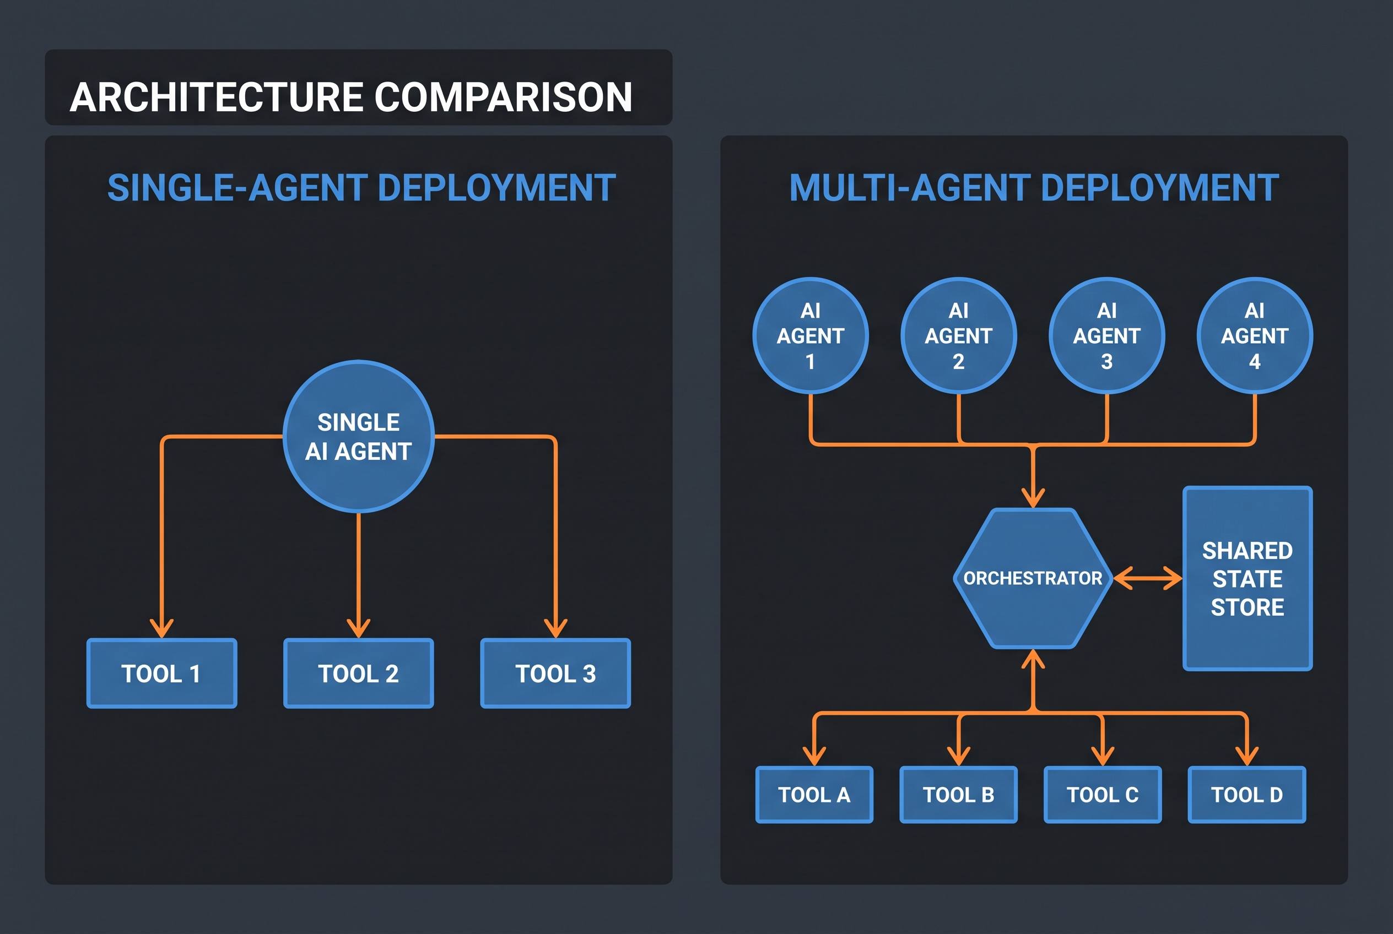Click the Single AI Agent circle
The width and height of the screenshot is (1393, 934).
click(358, 437)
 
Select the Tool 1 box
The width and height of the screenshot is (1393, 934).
click(161, 673)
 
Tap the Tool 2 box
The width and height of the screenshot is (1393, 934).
click(358, 673)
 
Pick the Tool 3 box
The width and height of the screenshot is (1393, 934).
click(555, 673)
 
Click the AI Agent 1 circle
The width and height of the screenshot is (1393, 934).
click(811, 335)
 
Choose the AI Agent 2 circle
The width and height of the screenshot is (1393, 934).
click(958, 335)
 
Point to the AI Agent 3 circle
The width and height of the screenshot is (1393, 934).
click(1107, 335)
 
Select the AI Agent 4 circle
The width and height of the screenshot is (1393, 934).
click(1255, 335)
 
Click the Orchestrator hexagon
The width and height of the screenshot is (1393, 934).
click(1033, 578)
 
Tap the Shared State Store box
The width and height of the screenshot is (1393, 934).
click(1248, 578)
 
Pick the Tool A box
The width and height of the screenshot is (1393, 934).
click(814, 795)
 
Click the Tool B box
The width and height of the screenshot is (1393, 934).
click(958, 795)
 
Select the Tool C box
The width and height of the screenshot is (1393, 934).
click(1103, 795)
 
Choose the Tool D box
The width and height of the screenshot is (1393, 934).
click(1247, 795)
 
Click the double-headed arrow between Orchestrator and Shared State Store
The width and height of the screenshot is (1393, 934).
click(1148, 578)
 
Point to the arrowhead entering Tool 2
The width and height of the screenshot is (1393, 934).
click(358, 628)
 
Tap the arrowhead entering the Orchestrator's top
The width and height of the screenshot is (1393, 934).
click(1033, 498)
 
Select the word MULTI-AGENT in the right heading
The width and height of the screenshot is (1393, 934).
click(910, 188)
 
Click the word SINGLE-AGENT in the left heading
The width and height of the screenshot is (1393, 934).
click(236, 188)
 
